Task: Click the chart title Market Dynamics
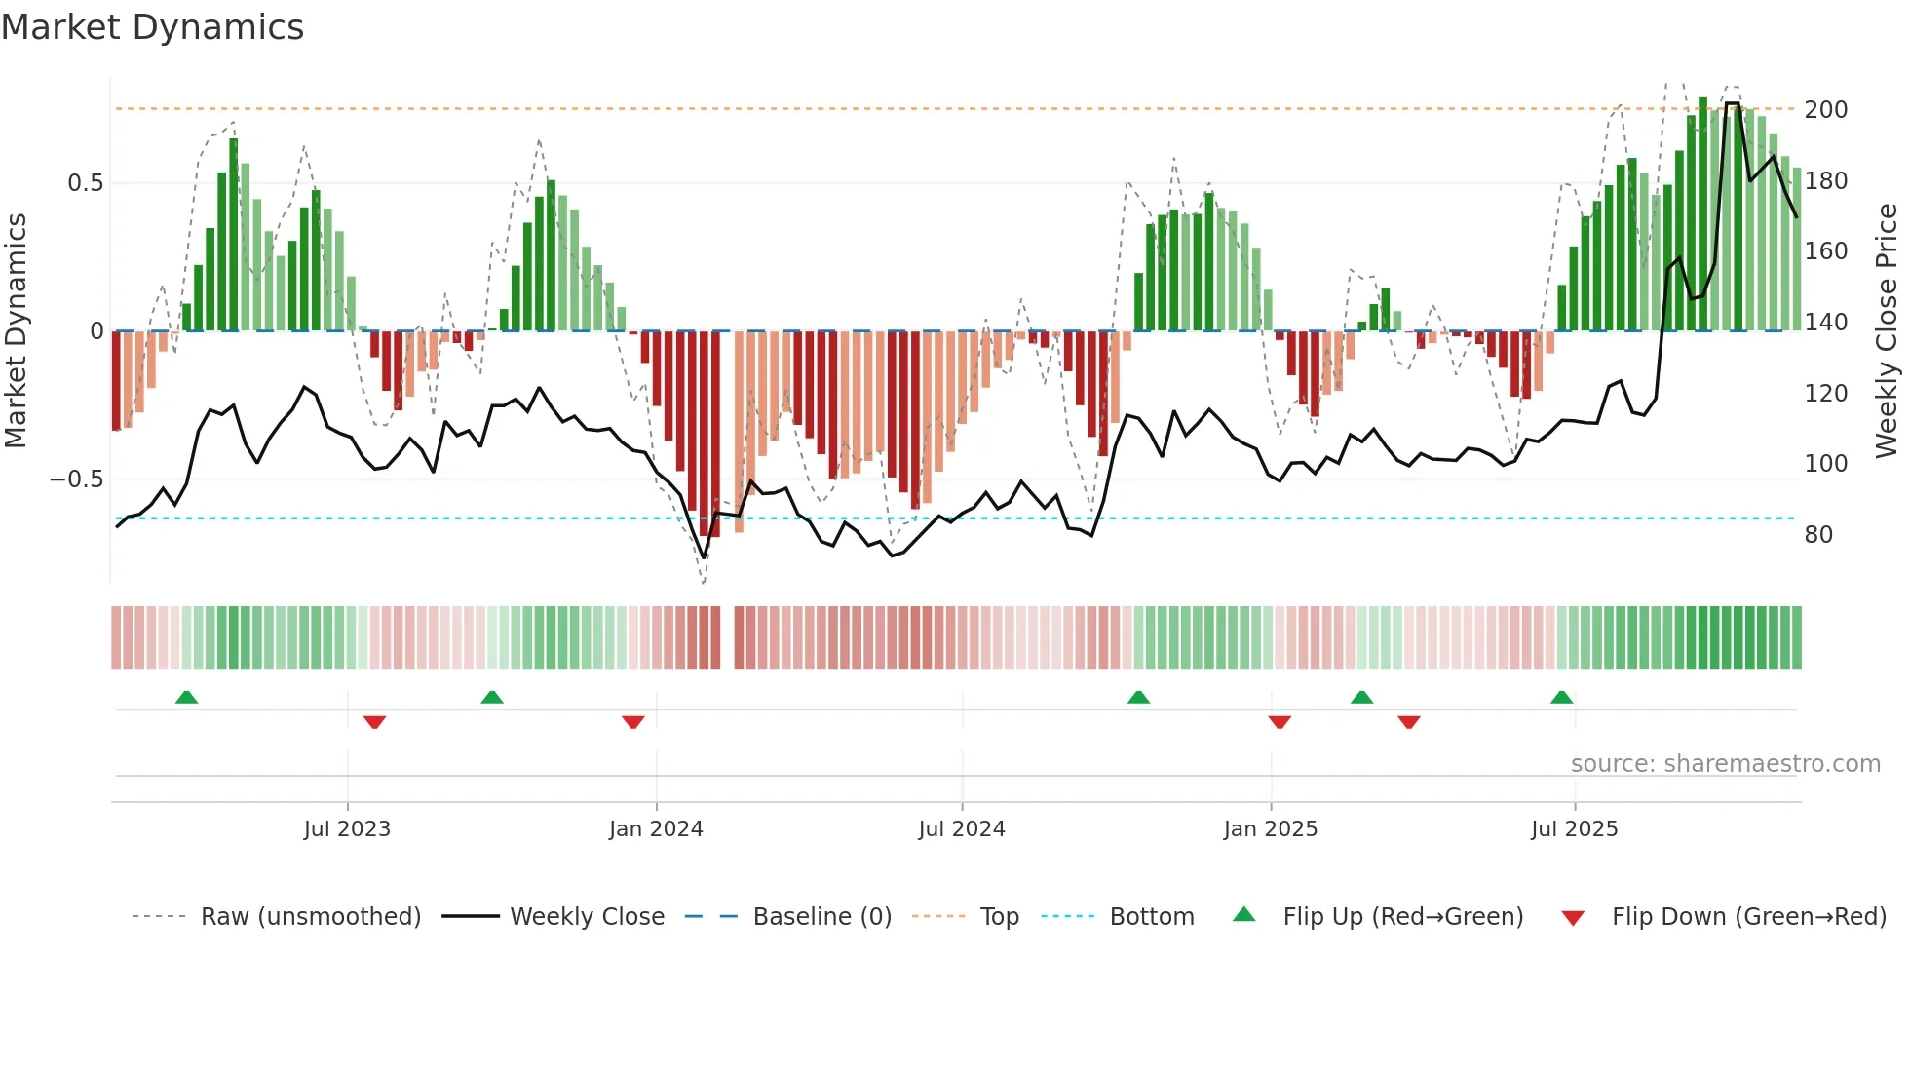click(x=152, y=27)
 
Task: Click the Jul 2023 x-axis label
click(x=347, y=829)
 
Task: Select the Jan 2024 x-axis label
click(x=656, y=829)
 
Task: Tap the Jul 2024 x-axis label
click(x=961, y=829)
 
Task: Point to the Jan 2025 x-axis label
click(x=1270, y=829)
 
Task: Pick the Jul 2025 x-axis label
click(x=1574, y=829)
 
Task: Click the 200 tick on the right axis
click(x=1825, y=110)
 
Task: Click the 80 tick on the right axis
click(x=1818, y=535)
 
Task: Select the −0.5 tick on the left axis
click(x=76, y=479)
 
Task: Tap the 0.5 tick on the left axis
click(x=85, y=183)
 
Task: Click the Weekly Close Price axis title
click(x=1887, y=331)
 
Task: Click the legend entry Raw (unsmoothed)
click(x=310, y=917)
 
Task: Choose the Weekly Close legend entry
click(x=587, y=917)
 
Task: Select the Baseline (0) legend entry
click(x=821, y=917)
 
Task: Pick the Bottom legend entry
click(x=1151, y=917)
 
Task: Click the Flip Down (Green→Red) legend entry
click(x=1748, y=917)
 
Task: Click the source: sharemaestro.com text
click(x=1725, y=764)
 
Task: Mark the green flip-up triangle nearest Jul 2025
click(x=1561, y=698)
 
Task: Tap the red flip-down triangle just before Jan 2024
click(x=632, y=722)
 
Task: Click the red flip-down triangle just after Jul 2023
click(x=374, y=722)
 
